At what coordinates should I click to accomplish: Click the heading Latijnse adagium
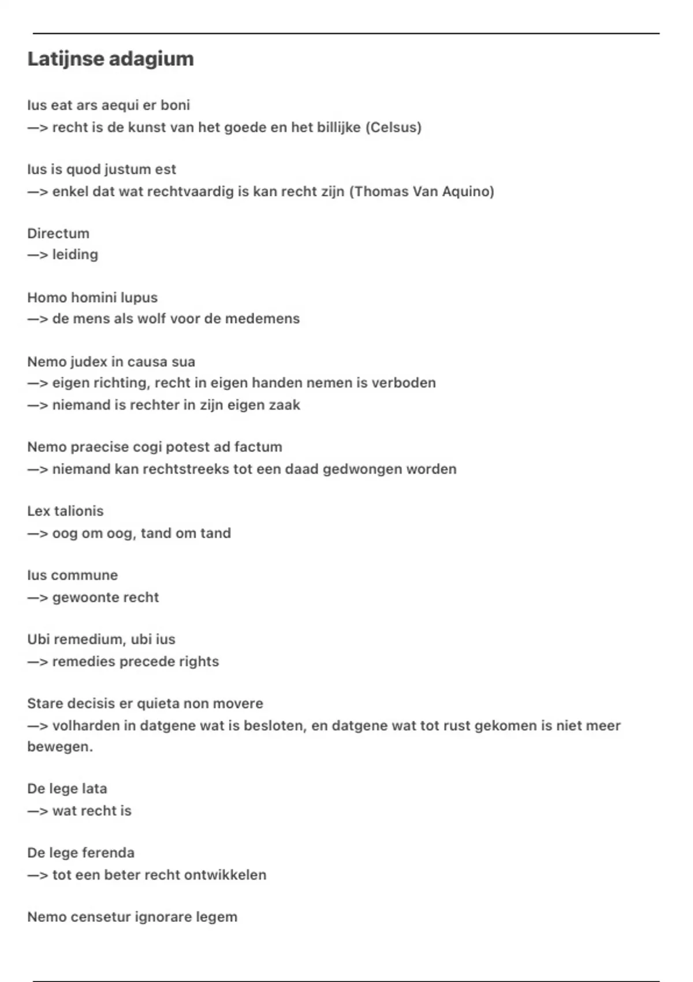[110, 59]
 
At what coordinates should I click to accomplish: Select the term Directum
[58, 233]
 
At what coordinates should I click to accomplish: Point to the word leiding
[75, 255]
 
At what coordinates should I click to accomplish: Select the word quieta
[162, 704]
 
